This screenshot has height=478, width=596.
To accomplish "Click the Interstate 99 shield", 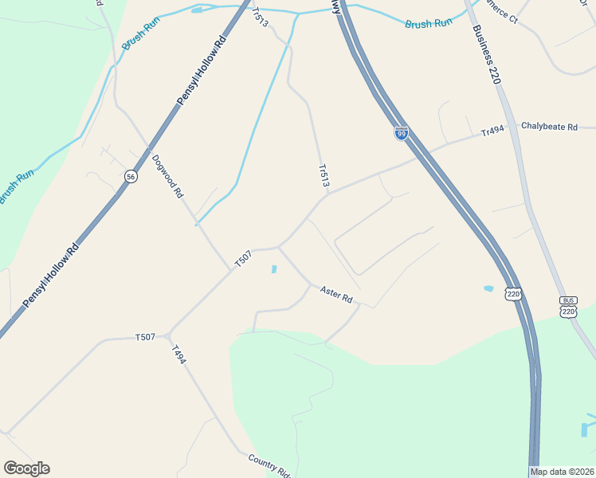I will click(401, 133).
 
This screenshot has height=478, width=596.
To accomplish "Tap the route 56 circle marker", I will click(131, 176).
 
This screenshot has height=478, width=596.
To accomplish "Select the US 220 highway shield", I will click(514, 294).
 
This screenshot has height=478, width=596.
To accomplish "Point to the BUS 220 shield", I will click(568, 307).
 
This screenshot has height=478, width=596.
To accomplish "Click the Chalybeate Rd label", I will click(549, 127).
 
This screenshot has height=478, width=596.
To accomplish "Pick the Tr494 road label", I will click(493, 133).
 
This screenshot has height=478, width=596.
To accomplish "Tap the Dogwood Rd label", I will click(168, 176).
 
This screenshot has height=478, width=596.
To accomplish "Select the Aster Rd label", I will click(336, 295).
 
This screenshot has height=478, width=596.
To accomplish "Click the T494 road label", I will click(178, 355).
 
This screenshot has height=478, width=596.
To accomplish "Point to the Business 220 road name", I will click(484, 55).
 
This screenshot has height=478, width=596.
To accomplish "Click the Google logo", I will click(26, 468).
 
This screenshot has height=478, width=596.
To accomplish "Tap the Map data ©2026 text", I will click(563, 472).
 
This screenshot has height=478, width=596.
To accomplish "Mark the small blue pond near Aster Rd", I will click(274, 269).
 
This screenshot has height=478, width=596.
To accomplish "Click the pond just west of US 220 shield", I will click(488, 288).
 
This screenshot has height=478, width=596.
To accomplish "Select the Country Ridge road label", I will click(269, 464).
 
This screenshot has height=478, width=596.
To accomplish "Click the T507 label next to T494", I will click(145, 338).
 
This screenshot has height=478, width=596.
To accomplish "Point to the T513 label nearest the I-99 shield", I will click(323, 176).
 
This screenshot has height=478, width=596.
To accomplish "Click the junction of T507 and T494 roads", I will click(169, 335).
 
